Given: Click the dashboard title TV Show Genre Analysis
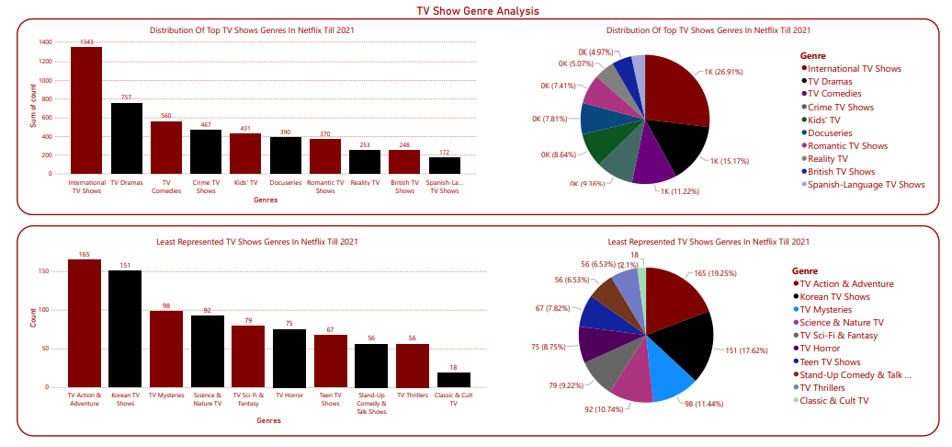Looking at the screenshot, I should pyautogui.click(x=477, y=11).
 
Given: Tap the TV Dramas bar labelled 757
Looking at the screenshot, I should pyautogui.click(x=126, y=138).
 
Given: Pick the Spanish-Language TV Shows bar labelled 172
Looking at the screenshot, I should pyautogui.click(x=444, y=166).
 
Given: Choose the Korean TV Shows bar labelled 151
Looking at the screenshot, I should pyautogui.click(x=125, y=329).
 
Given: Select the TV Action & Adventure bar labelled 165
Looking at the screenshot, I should pyautogui.click(x=85, y=323).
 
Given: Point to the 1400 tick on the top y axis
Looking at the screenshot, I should pyautogui.click(x=46, y=42).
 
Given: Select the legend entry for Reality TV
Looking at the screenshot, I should pyautogui.click(x=833, y=158).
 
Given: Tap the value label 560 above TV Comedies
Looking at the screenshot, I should pyautogui.click(x=166, y=116).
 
